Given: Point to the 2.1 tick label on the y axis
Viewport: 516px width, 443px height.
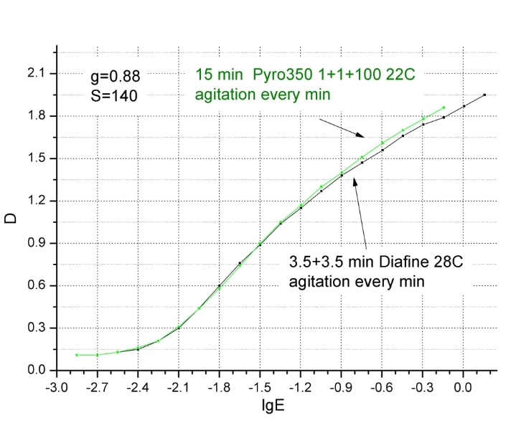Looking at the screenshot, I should tap(36, 74).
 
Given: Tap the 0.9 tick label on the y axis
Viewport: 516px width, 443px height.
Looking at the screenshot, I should tap(36, 243).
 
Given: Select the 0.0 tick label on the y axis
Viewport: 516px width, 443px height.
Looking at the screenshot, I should tap(36, 370).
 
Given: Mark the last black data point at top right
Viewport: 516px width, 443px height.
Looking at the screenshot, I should tap(484, 95).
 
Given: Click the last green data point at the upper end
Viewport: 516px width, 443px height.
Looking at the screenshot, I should tap(444, 108).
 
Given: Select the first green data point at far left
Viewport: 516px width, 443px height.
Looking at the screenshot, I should tap(77, 355).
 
